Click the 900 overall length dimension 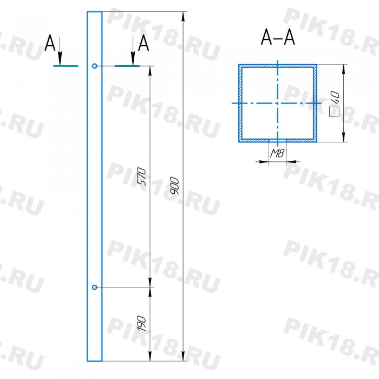[x=174, y=186]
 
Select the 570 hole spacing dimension [x=142, y=177]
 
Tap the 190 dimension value [x=142, y=323]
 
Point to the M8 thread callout [x=277, y=153]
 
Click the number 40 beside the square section [x=335, y=98]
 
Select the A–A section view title [x=278, y=37]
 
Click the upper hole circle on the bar [x=95, y=66]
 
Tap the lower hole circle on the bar [x=95, y=287]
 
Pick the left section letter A [x=50, y=43]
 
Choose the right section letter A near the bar [x=143, y=43]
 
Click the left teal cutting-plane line [x=66, y=66]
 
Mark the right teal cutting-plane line [x=127, y=66]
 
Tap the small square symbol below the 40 [x=335, y=112]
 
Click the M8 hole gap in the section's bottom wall [x=277, y=141]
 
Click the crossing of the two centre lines [x=277, y=103]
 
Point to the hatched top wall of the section [x=277, y=66]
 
